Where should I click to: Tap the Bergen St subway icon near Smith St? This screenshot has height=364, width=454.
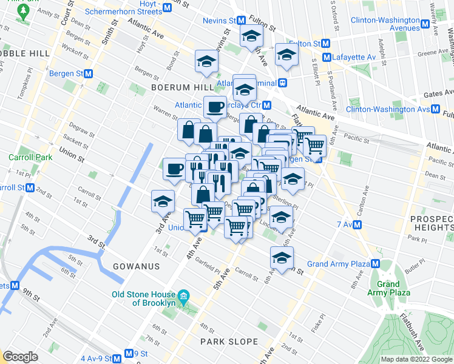click(89, 73)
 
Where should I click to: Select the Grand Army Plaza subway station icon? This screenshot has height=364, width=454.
click(376, 264)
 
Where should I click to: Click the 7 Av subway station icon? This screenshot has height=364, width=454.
click(358, 225)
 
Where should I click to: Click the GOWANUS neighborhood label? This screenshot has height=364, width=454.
click(136, 266)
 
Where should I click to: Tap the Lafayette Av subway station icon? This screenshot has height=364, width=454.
click(327, 57)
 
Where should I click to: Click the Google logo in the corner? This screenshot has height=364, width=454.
click(20, 357)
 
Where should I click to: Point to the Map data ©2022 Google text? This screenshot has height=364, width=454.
click(416, 359)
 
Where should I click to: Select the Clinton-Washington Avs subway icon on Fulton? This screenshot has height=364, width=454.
click(435, 109)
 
